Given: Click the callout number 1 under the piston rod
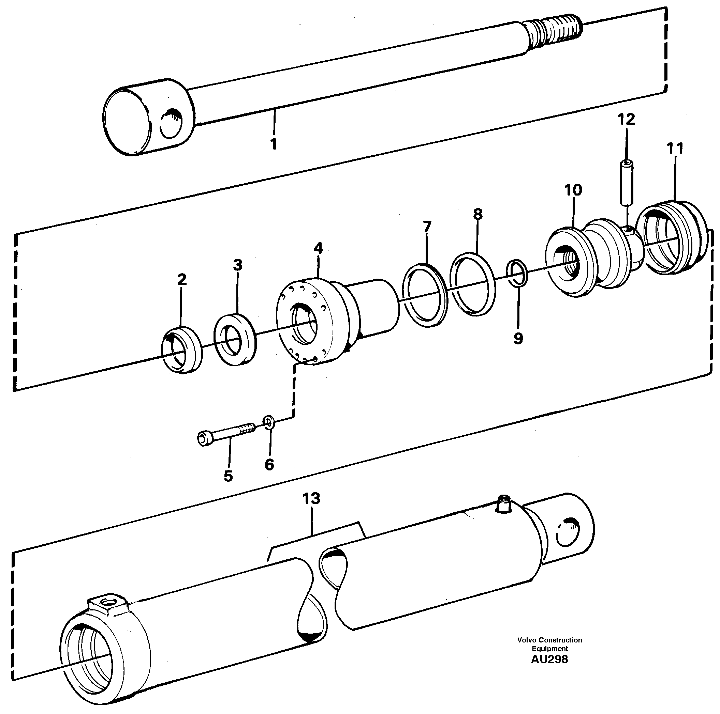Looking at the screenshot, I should point(274,144).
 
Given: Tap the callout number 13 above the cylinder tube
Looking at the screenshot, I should point(311,498).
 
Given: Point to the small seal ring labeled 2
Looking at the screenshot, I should point(181,349).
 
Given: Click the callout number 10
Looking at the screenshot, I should point(573,190).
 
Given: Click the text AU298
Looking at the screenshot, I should point(549,659).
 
